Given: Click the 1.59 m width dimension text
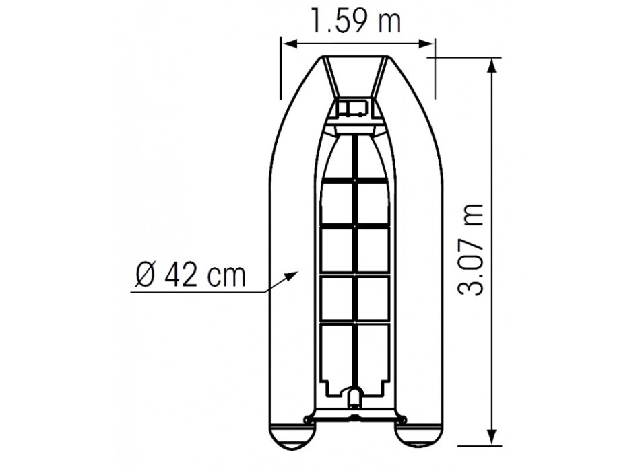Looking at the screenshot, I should [x=356, y=20].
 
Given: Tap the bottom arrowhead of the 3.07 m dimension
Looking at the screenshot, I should [x=493, y=442].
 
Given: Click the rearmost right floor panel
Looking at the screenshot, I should [x=373, y=354].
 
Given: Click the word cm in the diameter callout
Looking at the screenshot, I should [x=226, y=276].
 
